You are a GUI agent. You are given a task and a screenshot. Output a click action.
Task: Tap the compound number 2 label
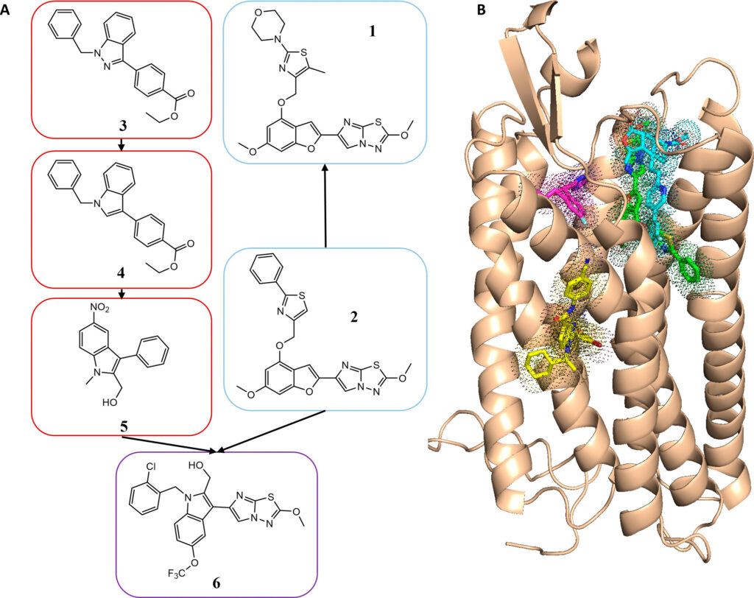(353, 317)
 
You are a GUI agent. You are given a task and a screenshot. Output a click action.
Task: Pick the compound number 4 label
(122, 272)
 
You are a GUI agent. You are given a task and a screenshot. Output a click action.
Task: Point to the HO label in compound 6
(196, 465)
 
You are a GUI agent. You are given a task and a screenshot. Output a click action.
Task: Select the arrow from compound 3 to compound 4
(122, 144)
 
